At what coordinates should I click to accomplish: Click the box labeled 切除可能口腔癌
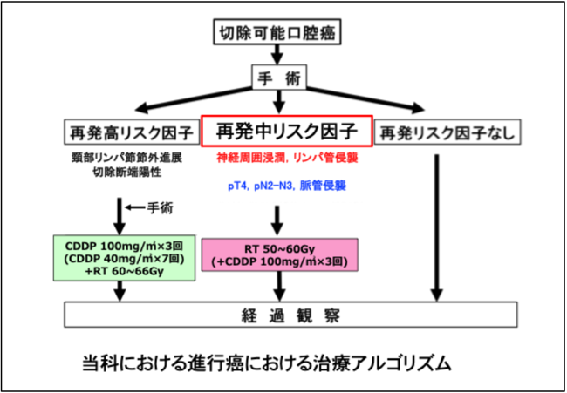tap(277, 33)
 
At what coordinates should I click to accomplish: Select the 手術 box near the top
tap(279, 77)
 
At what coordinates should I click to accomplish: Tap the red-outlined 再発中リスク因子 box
tap(287, 131)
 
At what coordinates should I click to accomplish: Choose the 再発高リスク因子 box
tap(132, 132)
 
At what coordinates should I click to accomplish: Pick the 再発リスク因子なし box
tap(447, 132)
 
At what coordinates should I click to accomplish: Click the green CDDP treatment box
tap(125, 258)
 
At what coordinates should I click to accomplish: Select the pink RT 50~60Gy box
tap(279, 254)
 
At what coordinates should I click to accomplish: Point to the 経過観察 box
tap(290, 315)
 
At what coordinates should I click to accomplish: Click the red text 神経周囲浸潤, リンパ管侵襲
tap(288, 158)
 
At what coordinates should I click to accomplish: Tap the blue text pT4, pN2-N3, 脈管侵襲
tap(287, 186)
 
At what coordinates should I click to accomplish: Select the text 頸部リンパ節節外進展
tap(127, 159)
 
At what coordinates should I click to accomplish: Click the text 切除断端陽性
tap(127, 173)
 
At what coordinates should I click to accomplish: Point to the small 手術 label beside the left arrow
tap(161, 207)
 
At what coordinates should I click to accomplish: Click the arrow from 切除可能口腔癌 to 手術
tap(277, 55)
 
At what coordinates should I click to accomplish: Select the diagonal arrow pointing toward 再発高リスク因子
tap(194, 98)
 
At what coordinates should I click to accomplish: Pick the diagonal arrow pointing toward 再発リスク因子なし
tap(365, 98)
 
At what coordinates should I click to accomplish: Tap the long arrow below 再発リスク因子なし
tap(437, 228)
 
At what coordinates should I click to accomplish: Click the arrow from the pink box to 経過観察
tap(279, 287)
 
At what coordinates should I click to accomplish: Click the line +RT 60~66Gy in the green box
tap(125, 271)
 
